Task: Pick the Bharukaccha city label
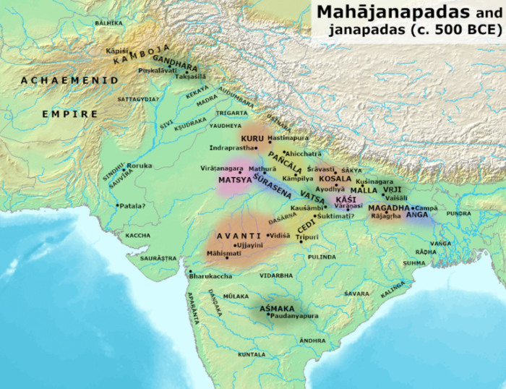click(211, 277)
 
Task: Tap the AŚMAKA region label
click(276, 309)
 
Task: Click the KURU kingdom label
click(252, 137)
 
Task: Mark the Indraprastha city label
click(231, 148)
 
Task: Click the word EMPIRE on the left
click(69, 114)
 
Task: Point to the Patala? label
click(132, 206)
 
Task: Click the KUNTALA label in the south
click(252, 355)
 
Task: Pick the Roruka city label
click(140, 166)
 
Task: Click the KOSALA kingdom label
click(335, 178)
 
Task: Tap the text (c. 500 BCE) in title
click(452, 30)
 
